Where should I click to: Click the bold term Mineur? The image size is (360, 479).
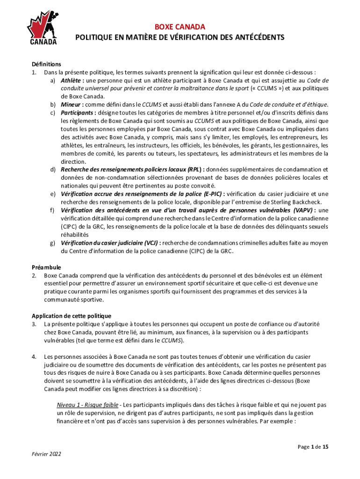71,104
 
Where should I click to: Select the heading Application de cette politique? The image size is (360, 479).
71,316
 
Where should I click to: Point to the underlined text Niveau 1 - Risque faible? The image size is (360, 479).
87,405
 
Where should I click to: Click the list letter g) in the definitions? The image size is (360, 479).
53,243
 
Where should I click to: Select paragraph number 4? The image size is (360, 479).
34,356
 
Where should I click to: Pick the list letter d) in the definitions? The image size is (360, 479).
53,169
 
